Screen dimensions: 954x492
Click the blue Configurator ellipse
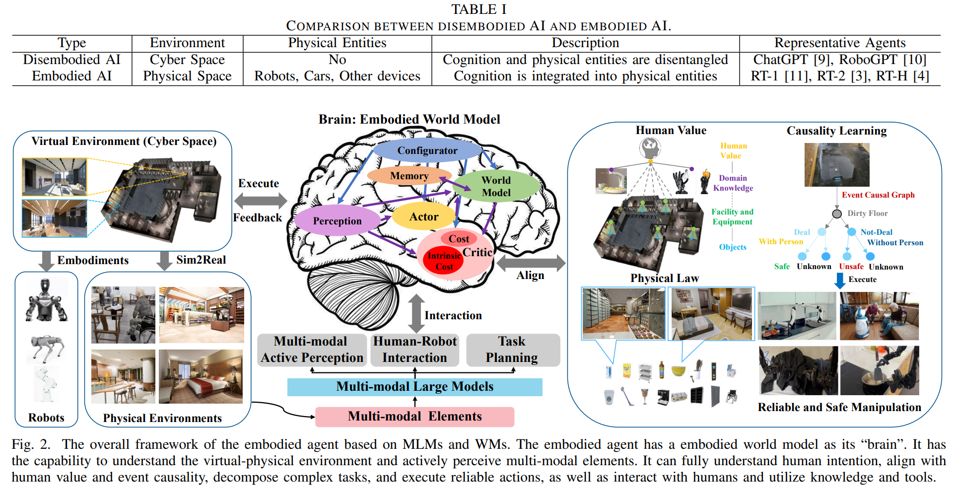click(x=427, y=150)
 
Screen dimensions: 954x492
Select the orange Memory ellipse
click(x=409, y=175)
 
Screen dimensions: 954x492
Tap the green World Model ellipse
click(x=496, y=186)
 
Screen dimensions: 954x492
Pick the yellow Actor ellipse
click(x=423, y=216)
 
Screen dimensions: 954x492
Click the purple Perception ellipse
click(x=337, y=220)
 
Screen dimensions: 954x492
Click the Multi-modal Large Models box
click(x=415, y=387)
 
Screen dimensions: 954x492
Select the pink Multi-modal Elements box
click(x=415, y=417)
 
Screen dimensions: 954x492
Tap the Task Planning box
click(x=513, y=350)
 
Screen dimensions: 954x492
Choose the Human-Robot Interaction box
click(x=414, y=350)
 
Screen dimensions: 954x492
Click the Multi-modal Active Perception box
click(x=312, y=350)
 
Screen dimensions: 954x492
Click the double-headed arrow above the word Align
click(x=531, y=263)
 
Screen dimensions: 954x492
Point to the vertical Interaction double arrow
click(x=416, y=314)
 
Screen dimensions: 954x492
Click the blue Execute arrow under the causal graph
click(x=840, y=280)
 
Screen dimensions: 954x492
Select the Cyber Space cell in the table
click(x=188, y=60)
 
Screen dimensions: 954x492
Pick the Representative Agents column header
click(x=840, y=43)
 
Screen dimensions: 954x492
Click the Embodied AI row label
click(x=72, y=76)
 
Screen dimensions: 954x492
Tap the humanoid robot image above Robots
click(x=46, y=300)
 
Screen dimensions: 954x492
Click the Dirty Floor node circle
click(x=837, y=213)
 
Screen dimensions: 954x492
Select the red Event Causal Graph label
click(x=878, y=195)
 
